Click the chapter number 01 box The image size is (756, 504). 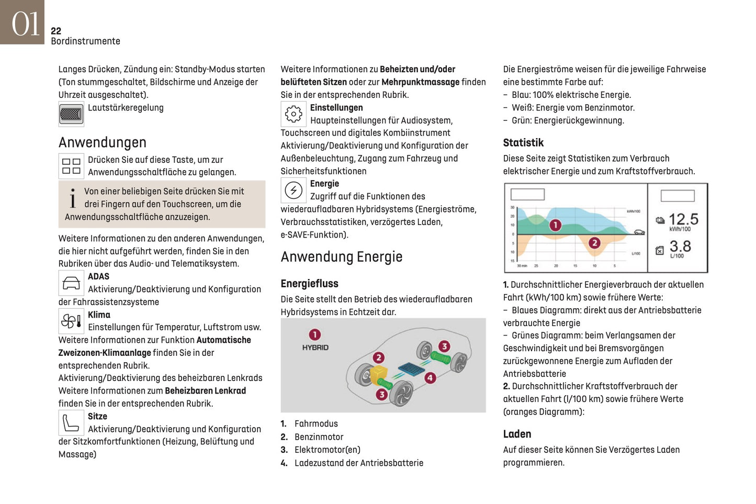tap(22, 22)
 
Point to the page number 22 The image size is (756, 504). tap(56, 31)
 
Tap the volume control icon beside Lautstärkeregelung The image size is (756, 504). tap(71, 114)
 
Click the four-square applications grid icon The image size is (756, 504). tap(71, 166)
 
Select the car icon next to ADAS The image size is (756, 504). tap(71, 283)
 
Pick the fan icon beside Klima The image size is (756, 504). tap(71, 321)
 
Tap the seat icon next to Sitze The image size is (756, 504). tap(71, 422)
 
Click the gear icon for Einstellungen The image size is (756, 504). tap(294, 114)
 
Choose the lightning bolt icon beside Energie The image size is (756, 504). tap(294, 190)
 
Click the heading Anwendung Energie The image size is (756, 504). tap(342, 257)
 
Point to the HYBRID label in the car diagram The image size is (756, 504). tap(315, 348)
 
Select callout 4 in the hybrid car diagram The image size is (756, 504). tap(430, 377)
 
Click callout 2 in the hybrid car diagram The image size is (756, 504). tap(378, 357)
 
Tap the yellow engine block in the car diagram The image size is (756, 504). tap(378, 374)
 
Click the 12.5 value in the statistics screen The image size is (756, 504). tap(683, 219)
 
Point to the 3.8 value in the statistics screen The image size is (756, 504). tap(680, 246)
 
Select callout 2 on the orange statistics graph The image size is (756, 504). tap(594, 243)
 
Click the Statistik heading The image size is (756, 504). tap(523, 143)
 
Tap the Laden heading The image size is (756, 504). tap(517, 434)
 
